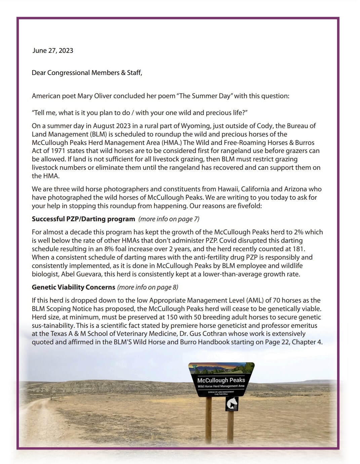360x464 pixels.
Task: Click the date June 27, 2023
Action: tap(53, 51)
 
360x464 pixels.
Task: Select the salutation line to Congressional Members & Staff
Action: tap(87, 73)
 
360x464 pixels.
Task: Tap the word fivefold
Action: tap(248, 206)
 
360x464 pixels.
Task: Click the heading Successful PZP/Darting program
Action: tap(83, 219)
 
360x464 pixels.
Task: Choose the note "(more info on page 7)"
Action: tap(169, 219)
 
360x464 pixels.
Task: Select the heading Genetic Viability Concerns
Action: tap(73, 287)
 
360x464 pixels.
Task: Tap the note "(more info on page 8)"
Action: tap(148, 287)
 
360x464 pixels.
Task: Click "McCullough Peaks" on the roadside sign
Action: tap(221, 380)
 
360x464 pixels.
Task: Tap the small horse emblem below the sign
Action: tap(232, 403)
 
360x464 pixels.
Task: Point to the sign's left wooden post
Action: tap(209, 420)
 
